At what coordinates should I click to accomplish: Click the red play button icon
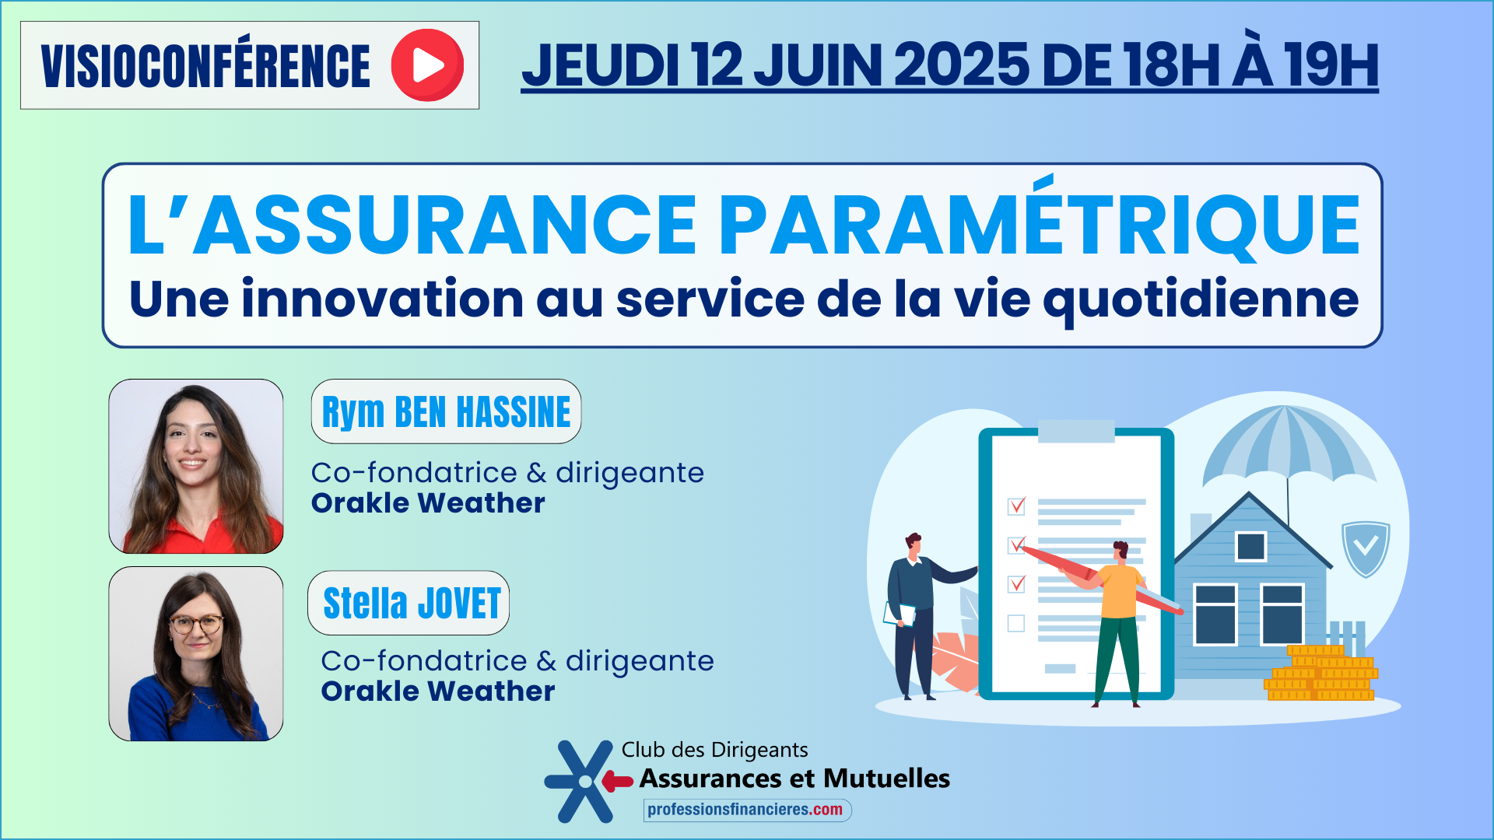(x=427, y=65)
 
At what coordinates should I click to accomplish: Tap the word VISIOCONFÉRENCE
(x=205, y=66)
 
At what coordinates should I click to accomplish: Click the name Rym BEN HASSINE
(x=446, y=412)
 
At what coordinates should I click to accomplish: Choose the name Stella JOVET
(x=412, y=604)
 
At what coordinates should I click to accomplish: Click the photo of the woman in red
(x=196, y=467)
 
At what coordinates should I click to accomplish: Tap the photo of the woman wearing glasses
(x=196, y=654)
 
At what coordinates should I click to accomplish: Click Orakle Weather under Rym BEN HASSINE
(x=428, y=503)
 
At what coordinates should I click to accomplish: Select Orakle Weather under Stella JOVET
(x=438, y=691)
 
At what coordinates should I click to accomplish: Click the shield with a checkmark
(x=1366, y=548)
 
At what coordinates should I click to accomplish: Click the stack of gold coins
(x=1321, y=673)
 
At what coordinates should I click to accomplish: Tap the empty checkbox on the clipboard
(x=1016, y=623)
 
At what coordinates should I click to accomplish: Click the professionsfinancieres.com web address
(x=745, y=810)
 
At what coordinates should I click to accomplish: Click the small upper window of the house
(x=1250, y=546)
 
